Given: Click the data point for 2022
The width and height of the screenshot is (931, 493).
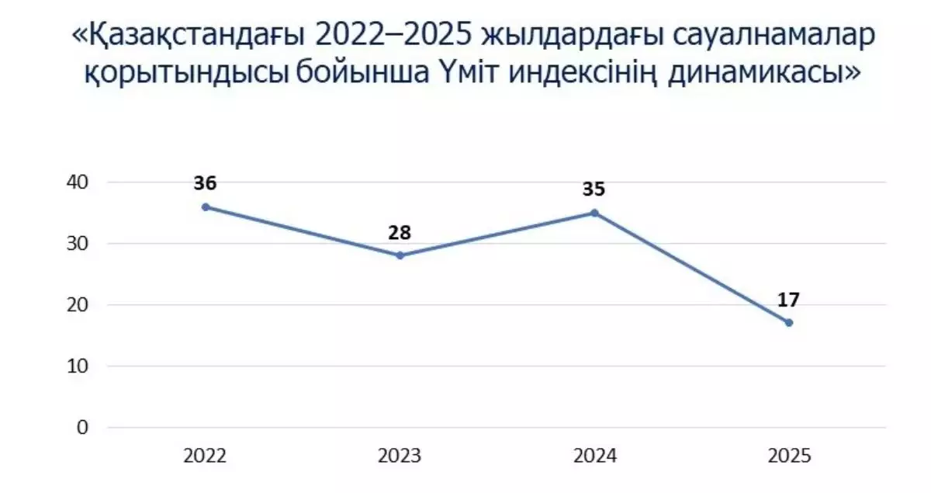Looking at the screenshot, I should [206, 207].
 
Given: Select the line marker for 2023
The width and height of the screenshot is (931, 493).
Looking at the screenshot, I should [400, 255].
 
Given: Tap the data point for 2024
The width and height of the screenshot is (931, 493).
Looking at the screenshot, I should [594, 213].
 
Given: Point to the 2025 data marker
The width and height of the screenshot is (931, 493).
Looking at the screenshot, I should [789, 322].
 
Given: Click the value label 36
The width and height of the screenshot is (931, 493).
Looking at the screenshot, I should [206, 184].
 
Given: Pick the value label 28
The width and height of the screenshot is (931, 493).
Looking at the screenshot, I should [400, 233].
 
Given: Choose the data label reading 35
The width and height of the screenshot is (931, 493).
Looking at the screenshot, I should [594, 190].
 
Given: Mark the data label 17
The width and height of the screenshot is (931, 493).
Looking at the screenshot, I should [789, 300].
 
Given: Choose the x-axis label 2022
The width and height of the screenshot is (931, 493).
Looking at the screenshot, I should [206, 457].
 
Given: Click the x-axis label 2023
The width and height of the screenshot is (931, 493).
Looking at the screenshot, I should [400, 457].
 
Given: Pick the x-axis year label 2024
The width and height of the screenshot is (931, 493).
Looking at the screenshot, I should [594, 457].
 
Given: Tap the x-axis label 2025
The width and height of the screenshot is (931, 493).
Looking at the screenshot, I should [789, 457].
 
